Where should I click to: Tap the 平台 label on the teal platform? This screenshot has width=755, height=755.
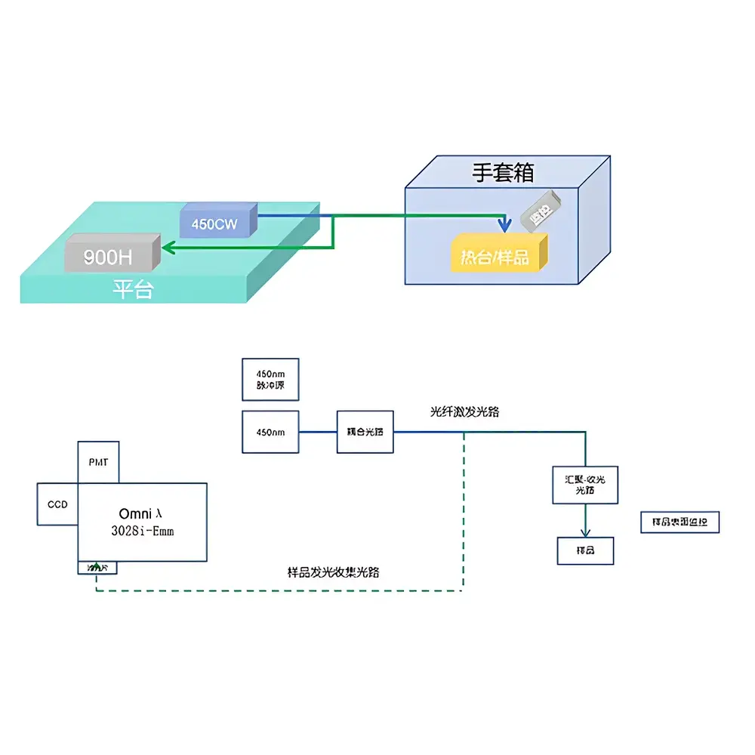point(133,289)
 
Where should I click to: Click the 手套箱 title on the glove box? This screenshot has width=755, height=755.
point(503,172)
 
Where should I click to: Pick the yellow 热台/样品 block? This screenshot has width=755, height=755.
point(498,254)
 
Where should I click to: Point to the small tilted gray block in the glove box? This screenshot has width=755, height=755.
point(541,209)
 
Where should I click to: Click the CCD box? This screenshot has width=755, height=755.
point(57,504)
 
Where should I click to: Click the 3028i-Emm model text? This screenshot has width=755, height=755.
point(142,531)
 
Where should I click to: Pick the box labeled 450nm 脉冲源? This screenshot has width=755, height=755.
point(270,379)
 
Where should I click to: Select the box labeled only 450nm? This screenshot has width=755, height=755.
point(270,432)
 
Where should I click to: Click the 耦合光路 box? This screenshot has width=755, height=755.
point(365,432)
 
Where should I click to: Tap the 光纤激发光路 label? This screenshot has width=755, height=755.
point(464,412)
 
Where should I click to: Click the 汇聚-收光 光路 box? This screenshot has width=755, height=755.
point(585,485)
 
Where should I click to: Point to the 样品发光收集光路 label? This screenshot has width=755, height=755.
point(334,572)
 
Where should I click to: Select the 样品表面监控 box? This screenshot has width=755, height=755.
point(679,522)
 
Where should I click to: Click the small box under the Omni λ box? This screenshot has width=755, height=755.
point(97,567)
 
